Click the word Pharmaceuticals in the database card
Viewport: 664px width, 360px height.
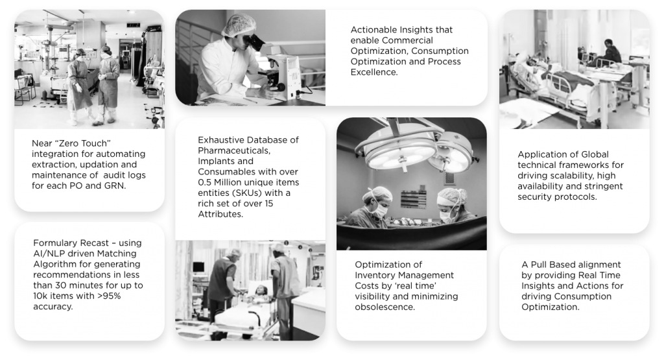(234, 150)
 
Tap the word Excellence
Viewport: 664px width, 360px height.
(374, 72)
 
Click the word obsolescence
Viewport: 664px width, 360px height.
(385, 307)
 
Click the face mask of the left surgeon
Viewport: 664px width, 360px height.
(381, 210)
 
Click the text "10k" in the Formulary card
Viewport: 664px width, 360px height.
(42, 296)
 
